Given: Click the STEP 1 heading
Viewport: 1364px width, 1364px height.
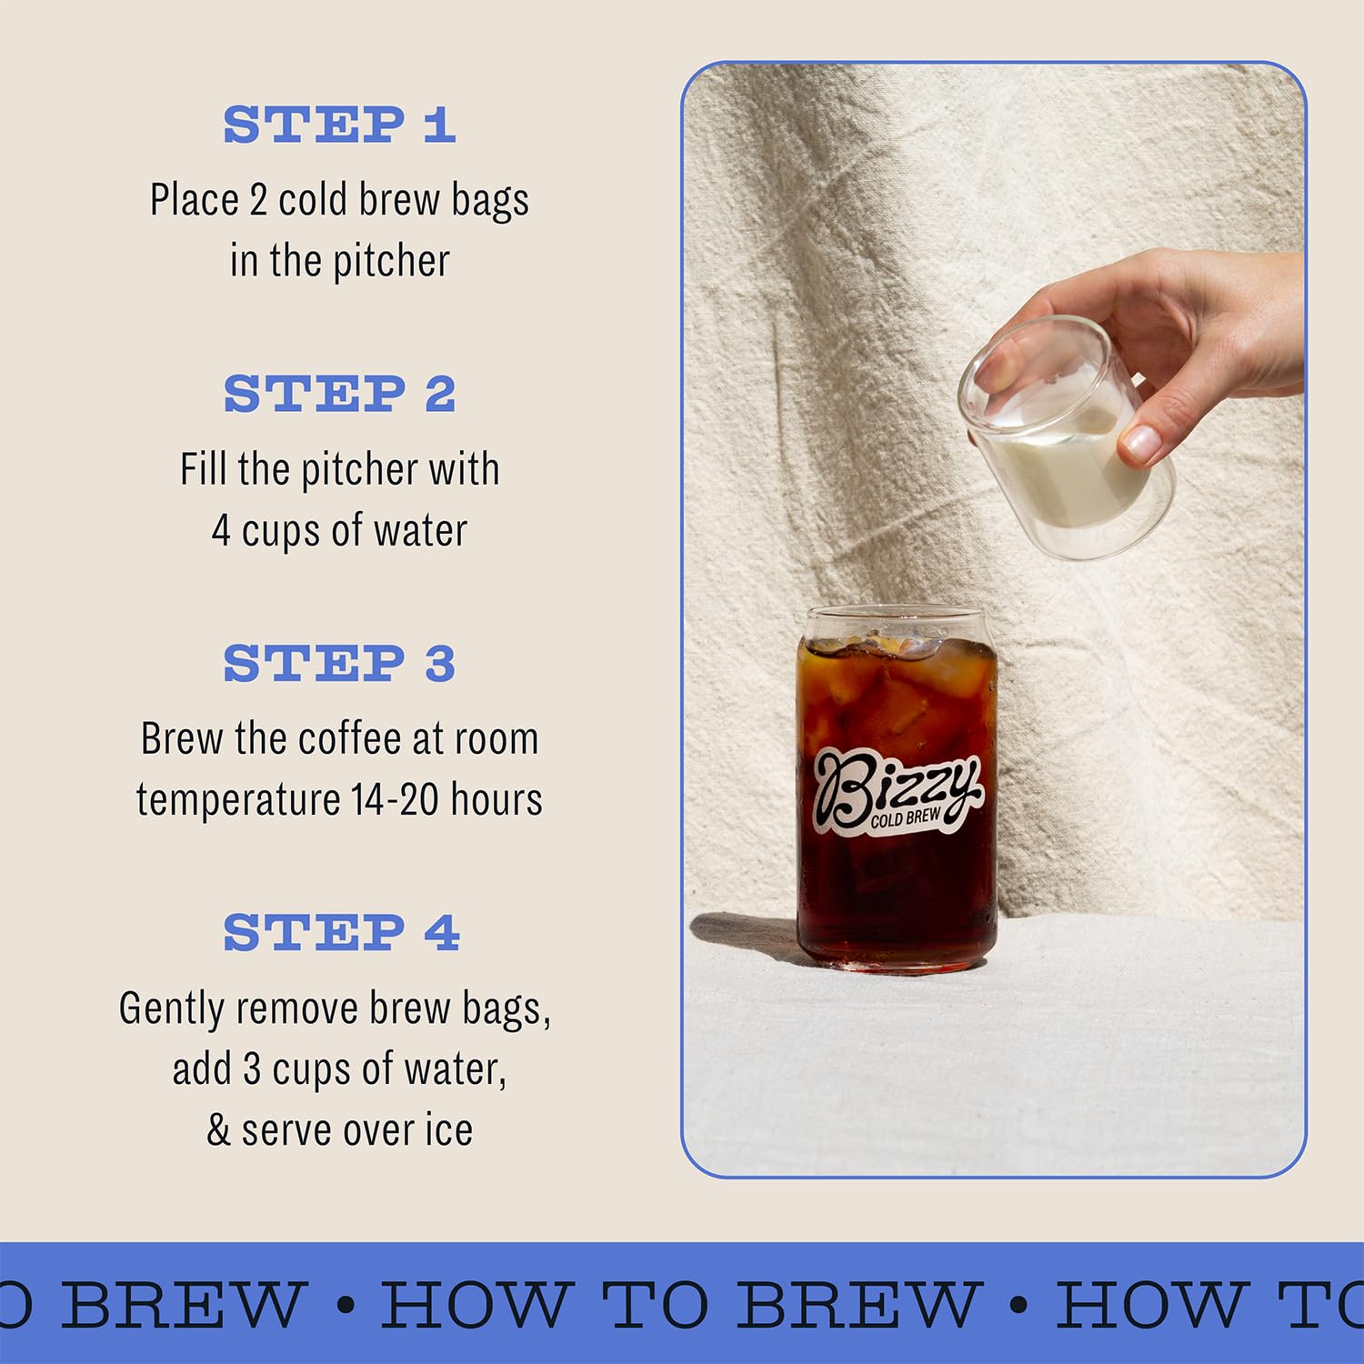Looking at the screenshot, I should pos(338,125).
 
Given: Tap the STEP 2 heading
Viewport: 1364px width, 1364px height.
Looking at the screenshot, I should pos(338,394).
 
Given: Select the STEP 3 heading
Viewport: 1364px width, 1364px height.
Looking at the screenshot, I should pos(338,663).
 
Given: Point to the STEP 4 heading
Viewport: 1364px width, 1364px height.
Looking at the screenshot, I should pos(340,933).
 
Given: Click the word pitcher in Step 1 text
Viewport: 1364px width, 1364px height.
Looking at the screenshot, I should pos(391,262).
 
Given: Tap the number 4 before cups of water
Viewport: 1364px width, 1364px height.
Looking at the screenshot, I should pos(221,530).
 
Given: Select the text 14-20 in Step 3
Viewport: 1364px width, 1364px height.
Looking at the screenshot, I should pos(395,800).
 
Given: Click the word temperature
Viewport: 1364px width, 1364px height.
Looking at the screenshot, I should pos(238,800).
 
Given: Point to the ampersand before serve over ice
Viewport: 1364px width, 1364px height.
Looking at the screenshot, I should pos(218,1130).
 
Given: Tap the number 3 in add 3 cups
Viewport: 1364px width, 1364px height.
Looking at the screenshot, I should pos(252,1069).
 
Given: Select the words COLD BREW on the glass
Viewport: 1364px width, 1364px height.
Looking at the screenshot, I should pos(906,817).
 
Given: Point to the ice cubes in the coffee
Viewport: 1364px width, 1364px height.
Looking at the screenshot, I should pos(896,691).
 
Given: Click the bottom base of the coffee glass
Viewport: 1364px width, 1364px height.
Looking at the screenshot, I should pos(896,955).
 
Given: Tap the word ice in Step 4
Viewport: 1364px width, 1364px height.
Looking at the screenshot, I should pos(449,1130).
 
